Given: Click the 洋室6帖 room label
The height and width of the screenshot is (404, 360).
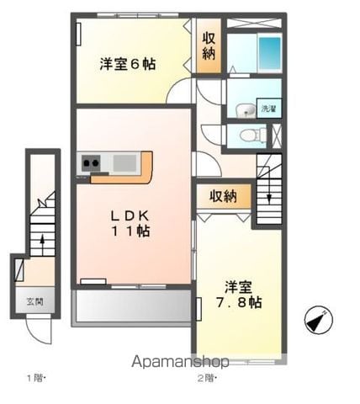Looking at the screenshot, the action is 128,64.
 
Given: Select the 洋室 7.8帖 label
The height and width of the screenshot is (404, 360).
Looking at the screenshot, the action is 239,295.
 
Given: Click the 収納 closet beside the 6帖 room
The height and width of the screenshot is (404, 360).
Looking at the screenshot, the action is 209,45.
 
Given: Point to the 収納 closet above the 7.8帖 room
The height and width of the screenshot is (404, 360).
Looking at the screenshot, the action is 224,196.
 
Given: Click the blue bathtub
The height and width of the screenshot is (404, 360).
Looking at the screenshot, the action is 270,53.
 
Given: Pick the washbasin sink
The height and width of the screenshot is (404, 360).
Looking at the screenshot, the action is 246,110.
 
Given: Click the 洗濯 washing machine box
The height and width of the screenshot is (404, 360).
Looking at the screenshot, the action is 269,109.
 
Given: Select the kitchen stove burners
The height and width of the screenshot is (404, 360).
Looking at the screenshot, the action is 91,162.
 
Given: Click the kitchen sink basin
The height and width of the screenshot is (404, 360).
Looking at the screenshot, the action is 124,163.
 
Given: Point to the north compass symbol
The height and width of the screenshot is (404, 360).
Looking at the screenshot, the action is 319,320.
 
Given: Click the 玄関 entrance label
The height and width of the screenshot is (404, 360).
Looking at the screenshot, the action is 35,302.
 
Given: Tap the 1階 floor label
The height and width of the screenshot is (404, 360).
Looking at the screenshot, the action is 36,378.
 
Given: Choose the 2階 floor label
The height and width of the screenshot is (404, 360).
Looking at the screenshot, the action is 207,378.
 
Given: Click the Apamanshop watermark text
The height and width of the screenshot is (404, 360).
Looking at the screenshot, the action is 180,362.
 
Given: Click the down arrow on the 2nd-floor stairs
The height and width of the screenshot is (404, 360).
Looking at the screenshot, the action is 269,196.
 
